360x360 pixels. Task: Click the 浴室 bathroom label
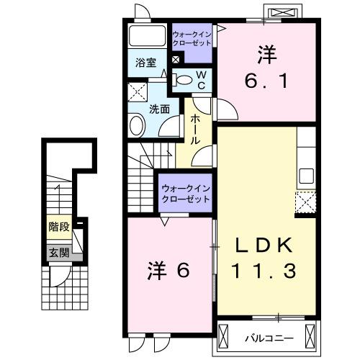pyautogui.click(x=147, y=63)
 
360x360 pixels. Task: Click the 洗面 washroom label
pyautogui.click(x=160, y=109)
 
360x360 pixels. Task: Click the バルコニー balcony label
pyautogui.click(x=268, y=336)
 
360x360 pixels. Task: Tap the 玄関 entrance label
pyautogui.click(x=58, y=253)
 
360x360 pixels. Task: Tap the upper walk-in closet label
pyautogui.click(x=192, y=38)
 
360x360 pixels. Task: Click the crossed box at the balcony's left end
pyautogui.click(x=225, y=336)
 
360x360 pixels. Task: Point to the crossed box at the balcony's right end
pyautogui.click(x=310, y=336)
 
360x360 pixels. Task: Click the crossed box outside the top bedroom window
pyautogui.click(x=282, y=13)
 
